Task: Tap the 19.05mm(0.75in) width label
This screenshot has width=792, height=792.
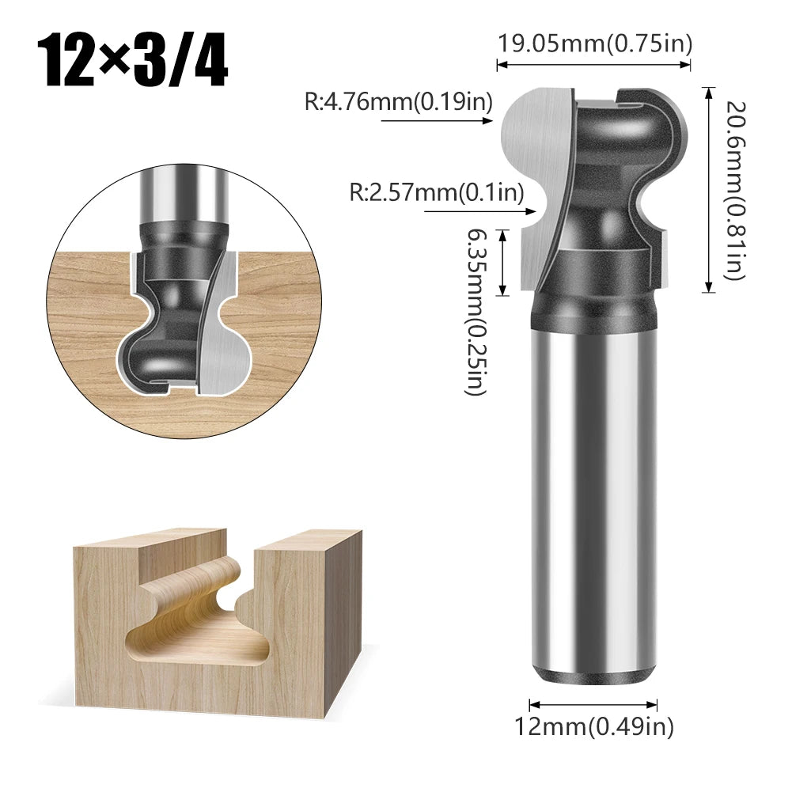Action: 594,43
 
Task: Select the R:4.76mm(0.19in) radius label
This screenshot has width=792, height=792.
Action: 399,102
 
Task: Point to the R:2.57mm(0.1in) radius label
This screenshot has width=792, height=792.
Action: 438,192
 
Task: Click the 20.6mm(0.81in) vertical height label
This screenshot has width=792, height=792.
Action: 733,190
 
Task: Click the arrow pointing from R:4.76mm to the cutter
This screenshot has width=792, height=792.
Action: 436,121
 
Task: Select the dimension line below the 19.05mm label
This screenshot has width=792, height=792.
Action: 594,65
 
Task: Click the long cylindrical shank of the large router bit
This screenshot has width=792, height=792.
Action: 593,506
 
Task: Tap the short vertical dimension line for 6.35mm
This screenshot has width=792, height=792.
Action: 502,262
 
